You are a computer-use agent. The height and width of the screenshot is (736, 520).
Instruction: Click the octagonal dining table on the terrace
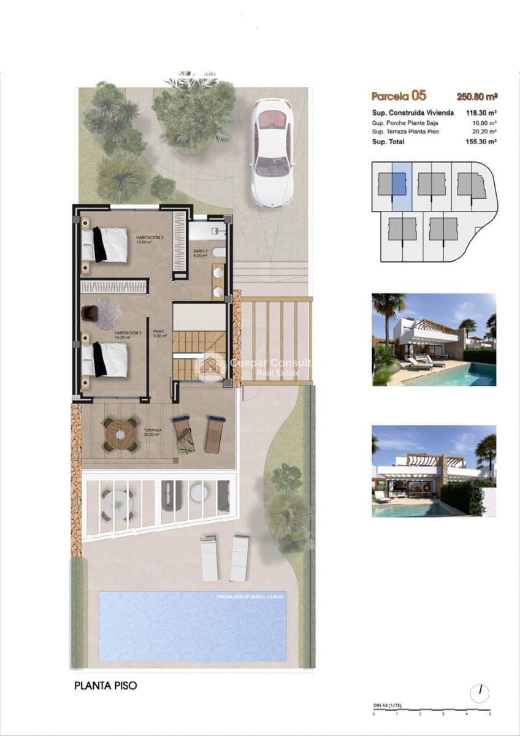click(120, 435)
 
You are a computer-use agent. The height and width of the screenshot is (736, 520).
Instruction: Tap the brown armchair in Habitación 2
click(89, 313)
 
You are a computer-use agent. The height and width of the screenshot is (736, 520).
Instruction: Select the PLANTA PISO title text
click(105, 686)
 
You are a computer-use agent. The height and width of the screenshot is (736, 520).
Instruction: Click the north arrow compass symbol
click(480, 693)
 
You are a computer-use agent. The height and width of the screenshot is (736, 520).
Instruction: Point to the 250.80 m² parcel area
click(476, 96)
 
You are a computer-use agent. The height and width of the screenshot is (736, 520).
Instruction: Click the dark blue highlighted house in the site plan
click(399, 184)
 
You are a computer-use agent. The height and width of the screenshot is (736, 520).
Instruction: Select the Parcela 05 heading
click(399, 96)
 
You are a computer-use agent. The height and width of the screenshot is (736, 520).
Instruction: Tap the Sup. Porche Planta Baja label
click(405, 123)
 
